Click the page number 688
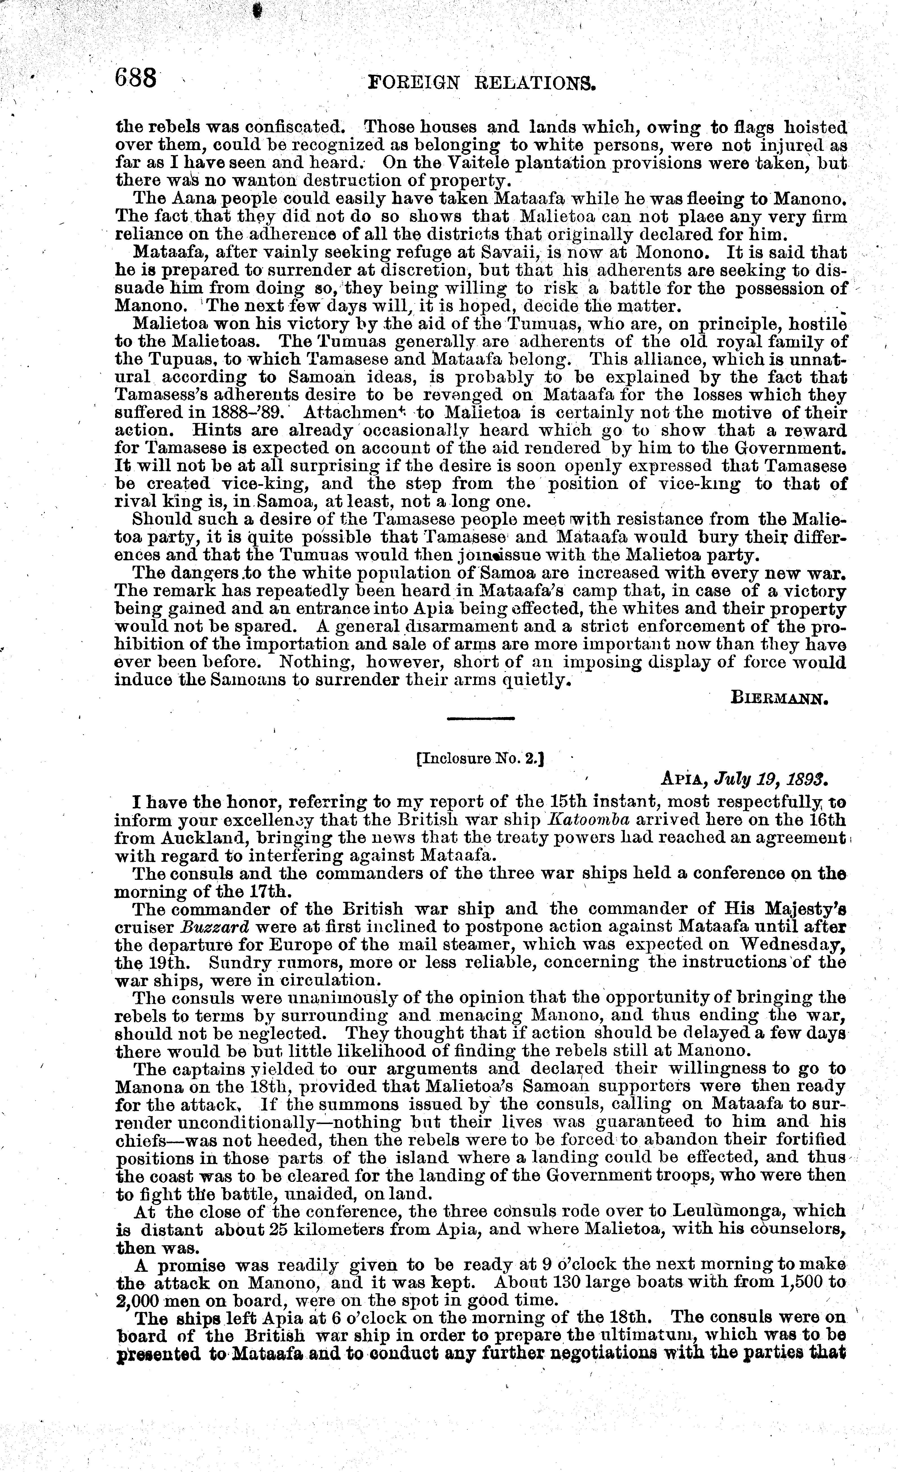(137, 78)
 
